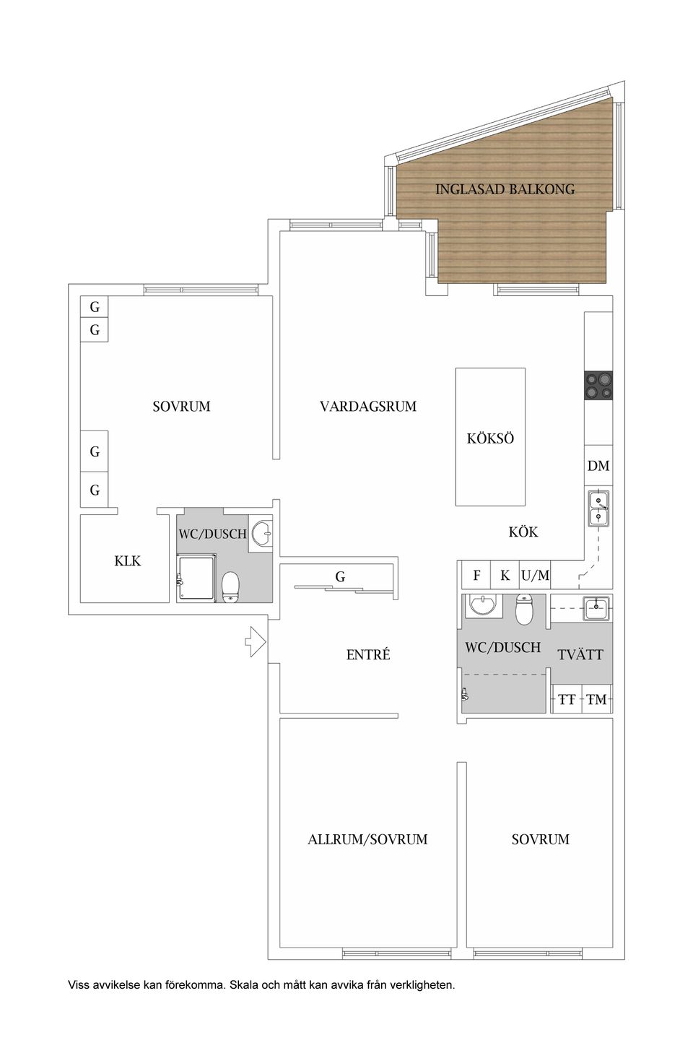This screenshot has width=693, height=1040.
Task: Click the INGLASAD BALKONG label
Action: tap(505, 189)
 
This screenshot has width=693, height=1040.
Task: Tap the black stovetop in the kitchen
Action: tap(598, 386)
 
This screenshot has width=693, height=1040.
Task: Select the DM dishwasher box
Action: tap(598, 465)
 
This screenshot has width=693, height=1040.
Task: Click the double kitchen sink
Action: tap(598, 508)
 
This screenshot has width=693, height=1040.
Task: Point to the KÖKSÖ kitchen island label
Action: tap(490, 439)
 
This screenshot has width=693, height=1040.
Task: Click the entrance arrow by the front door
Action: tap(256, 641)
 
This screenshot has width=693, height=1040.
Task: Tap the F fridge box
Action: tap(476, 576)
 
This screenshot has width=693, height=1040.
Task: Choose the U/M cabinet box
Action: tap(535, 576)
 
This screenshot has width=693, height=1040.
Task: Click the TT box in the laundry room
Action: tap(567, 699)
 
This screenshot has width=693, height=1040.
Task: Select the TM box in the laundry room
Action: tap(596, 699)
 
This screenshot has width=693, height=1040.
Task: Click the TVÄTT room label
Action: tap(580, 654)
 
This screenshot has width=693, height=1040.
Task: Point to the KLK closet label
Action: tap(128, 561)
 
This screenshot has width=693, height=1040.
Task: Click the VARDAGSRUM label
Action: tap(368, 406)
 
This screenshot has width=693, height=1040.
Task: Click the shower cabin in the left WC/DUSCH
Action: tap(196, 578)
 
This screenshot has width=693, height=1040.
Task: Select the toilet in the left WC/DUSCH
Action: tap(230, 587)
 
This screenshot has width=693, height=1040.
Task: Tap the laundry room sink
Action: tap(596, 608)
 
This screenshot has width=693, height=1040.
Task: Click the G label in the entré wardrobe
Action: tap(340, 577)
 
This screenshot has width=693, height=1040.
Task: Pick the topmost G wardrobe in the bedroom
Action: tap(95, 306)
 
